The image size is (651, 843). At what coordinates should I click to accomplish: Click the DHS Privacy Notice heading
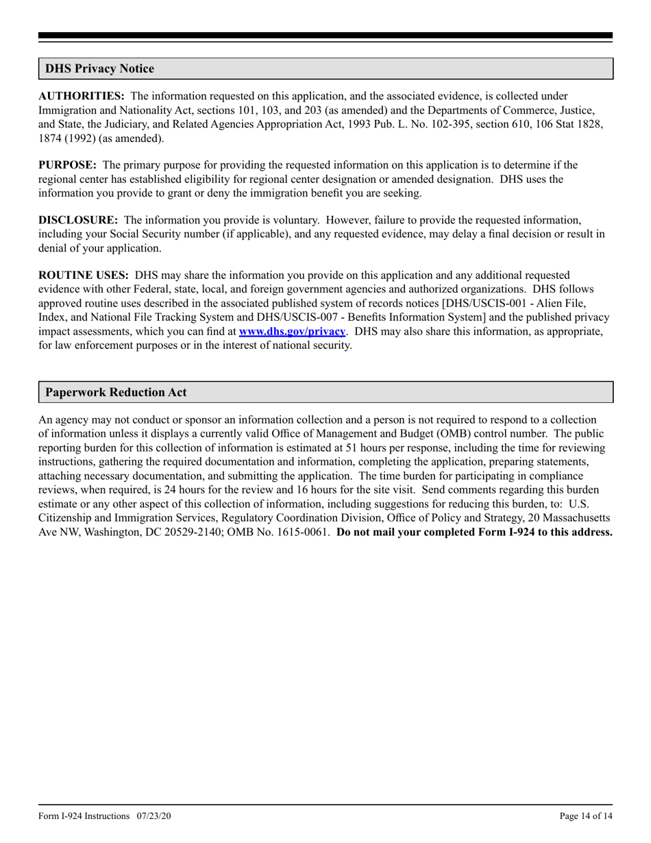tap(99, 69)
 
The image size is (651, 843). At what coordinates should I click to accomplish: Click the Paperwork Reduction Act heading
tap(116, 393)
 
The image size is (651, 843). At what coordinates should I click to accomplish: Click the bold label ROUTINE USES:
tap(83, 276)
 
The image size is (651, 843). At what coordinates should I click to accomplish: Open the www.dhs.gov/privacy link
tap(291, 331)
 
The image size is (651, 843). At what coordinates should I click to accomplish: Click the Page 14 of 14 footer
tap(586, 816)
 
